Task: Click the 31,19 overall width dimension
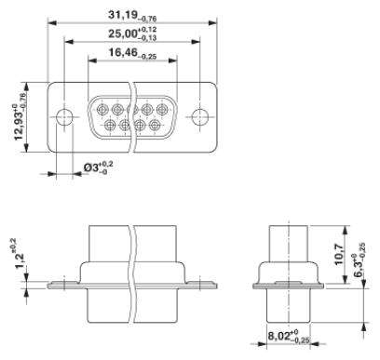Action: pos(132,16)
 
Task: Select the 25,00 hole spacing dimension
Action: pos(132,34)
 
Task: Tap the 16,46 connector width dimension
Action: pos(132,53)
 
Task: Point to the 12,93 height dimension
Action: pos(20,117)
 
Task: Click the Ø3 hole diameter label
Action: pos(98,167)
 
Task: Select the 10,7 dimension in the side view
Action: pos(339,255)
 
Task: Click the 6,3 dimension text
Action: pos(360,260)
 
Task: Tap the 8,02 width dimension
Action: pos(289,337)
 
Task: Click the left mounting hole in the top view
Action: pos(64,117)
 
